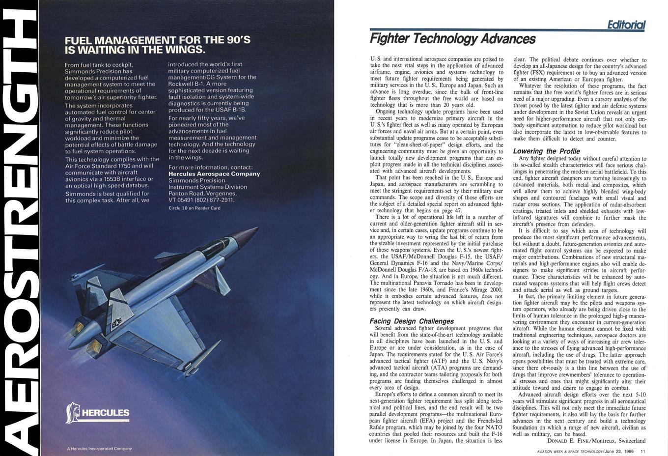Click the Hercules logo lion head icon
click(72, 413)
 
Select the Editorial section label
click(626, 25)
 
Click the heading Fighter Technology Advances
click(452, 38)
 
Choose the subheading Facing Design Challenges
click(412, 321)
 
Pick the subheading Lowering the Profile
click(546, 151)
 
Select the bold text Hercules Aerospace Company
click(214, 174)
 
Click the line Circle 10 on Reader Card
click(195, 208)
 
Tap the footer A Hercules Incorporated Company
click(99, 449)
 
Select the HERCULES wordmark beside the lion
click(106, 413)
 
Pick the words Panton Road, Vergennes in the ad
click(202, 193)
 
